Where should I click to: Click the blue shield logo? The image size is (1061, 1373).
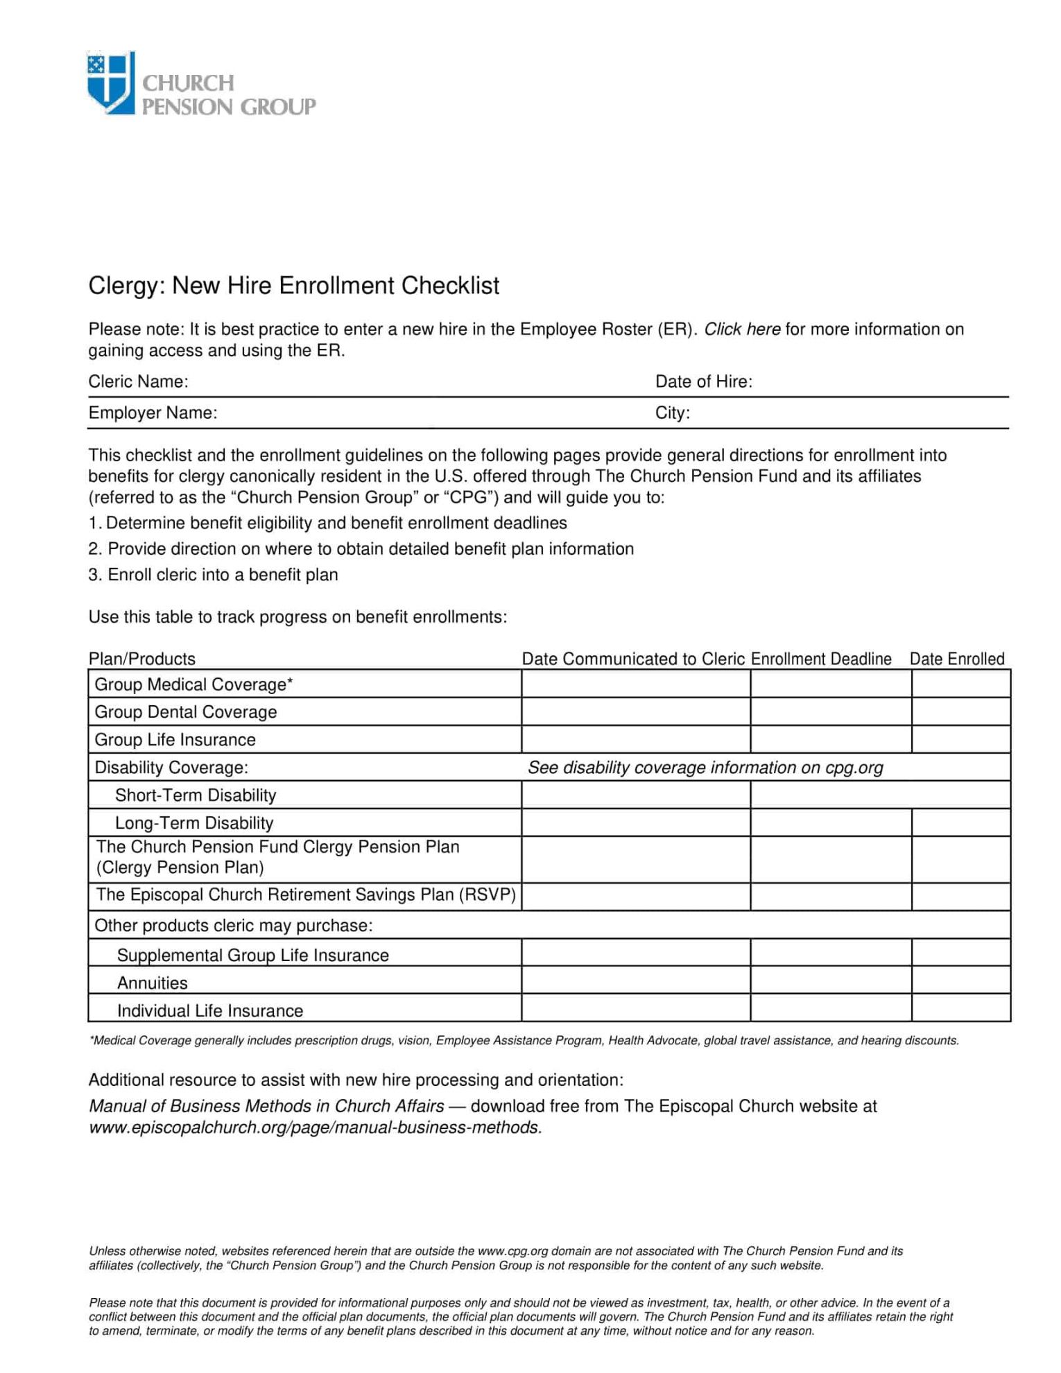[110, 82]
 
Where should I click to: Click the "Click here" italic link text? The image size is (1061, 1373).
[742, 329]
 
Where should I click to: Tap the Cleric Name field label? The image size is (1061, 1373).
[138, 381]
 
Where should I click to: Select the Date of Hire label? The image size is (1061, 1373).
[703, 381]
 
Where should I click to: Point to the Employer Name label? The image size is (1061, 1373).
[153, 413]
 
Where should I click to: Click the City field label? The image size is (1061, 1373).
[672, 413]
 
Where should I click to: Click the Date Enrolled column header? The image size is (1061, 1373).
[956, 659]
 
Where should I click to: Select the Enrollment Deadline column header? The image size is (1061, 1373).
[821, 659]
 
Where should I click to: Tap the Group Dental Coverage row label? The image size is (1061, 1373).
[185, 712]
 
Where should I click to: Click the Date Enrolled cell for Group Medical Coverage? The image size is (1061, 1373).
[960, 684]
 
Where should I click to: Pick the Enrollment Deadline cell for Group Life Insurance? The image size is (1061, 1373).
[830, 739]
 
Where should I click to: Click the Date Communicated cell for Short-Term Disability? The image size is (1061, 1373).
[635, 795]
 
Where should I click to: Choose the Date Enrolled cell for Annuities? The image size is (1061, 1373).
[960, 981]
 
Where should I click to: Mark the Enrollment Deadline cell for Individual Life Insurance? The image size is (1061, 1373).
[830, 1008]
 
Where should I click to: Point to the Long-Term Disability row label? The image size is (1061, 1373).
[194, 823]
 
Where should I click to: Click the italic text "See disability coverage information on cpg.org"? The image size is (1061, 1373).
[705, 768]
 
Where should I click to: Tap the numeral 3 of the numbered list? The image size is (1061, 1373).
[94, 575]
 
